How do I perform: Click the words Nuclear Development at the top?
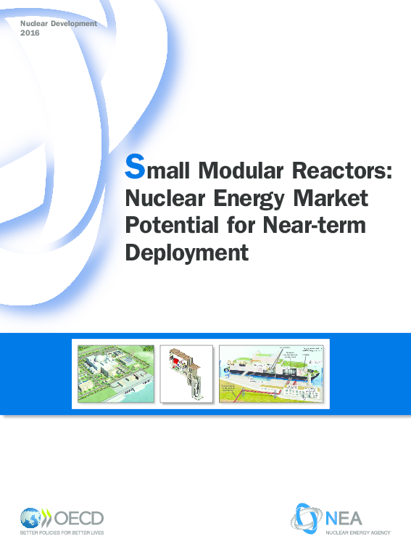[x=58, y=24]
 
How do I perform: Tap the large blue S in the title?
[x=135, y=168]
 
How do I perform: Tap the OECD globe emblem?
[x=31, y=519]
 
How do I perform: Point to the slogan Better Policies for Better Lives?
[x=62, y=535]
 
